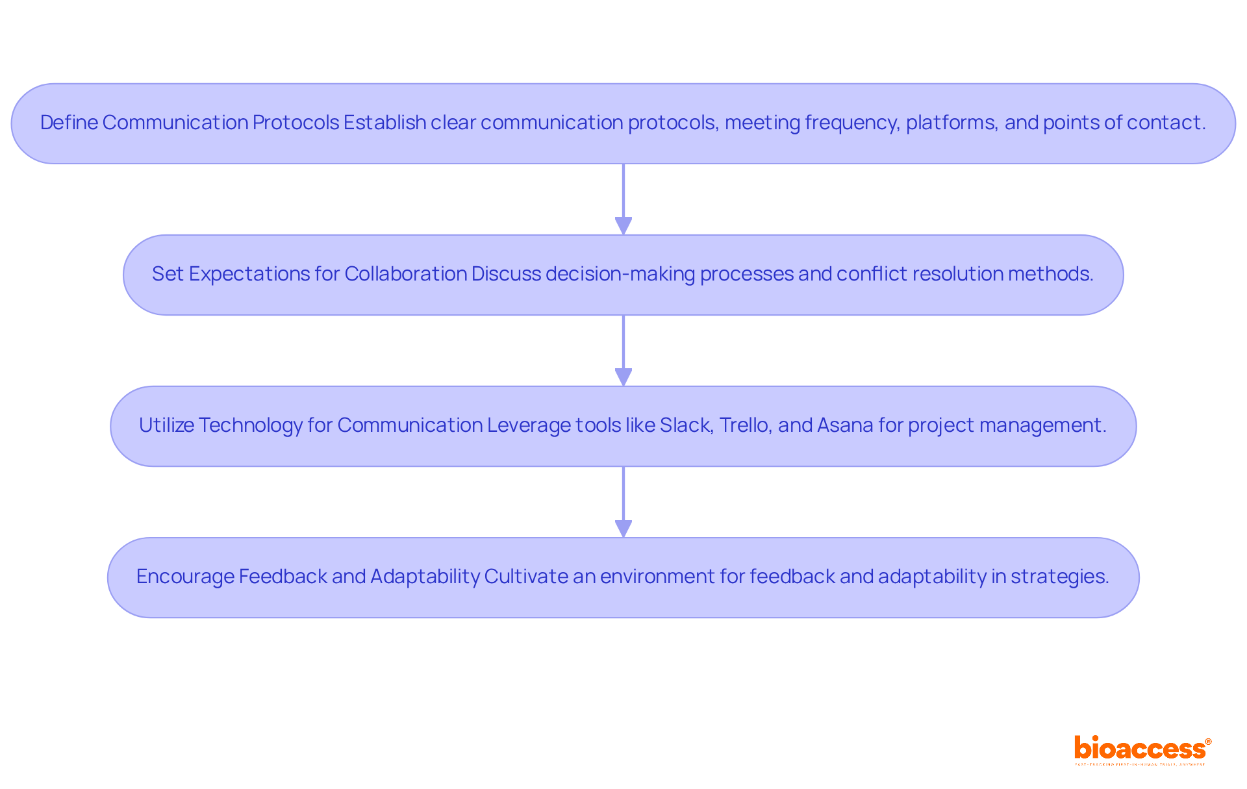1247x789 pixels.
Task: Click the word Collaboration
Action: point(405,274)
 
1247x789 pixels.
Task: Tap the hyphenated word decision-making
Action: point(620,274)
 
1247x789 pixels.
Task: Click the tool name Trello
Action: point(746,425)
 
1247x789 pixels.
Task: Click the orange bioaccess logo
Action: point(1142,749)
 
